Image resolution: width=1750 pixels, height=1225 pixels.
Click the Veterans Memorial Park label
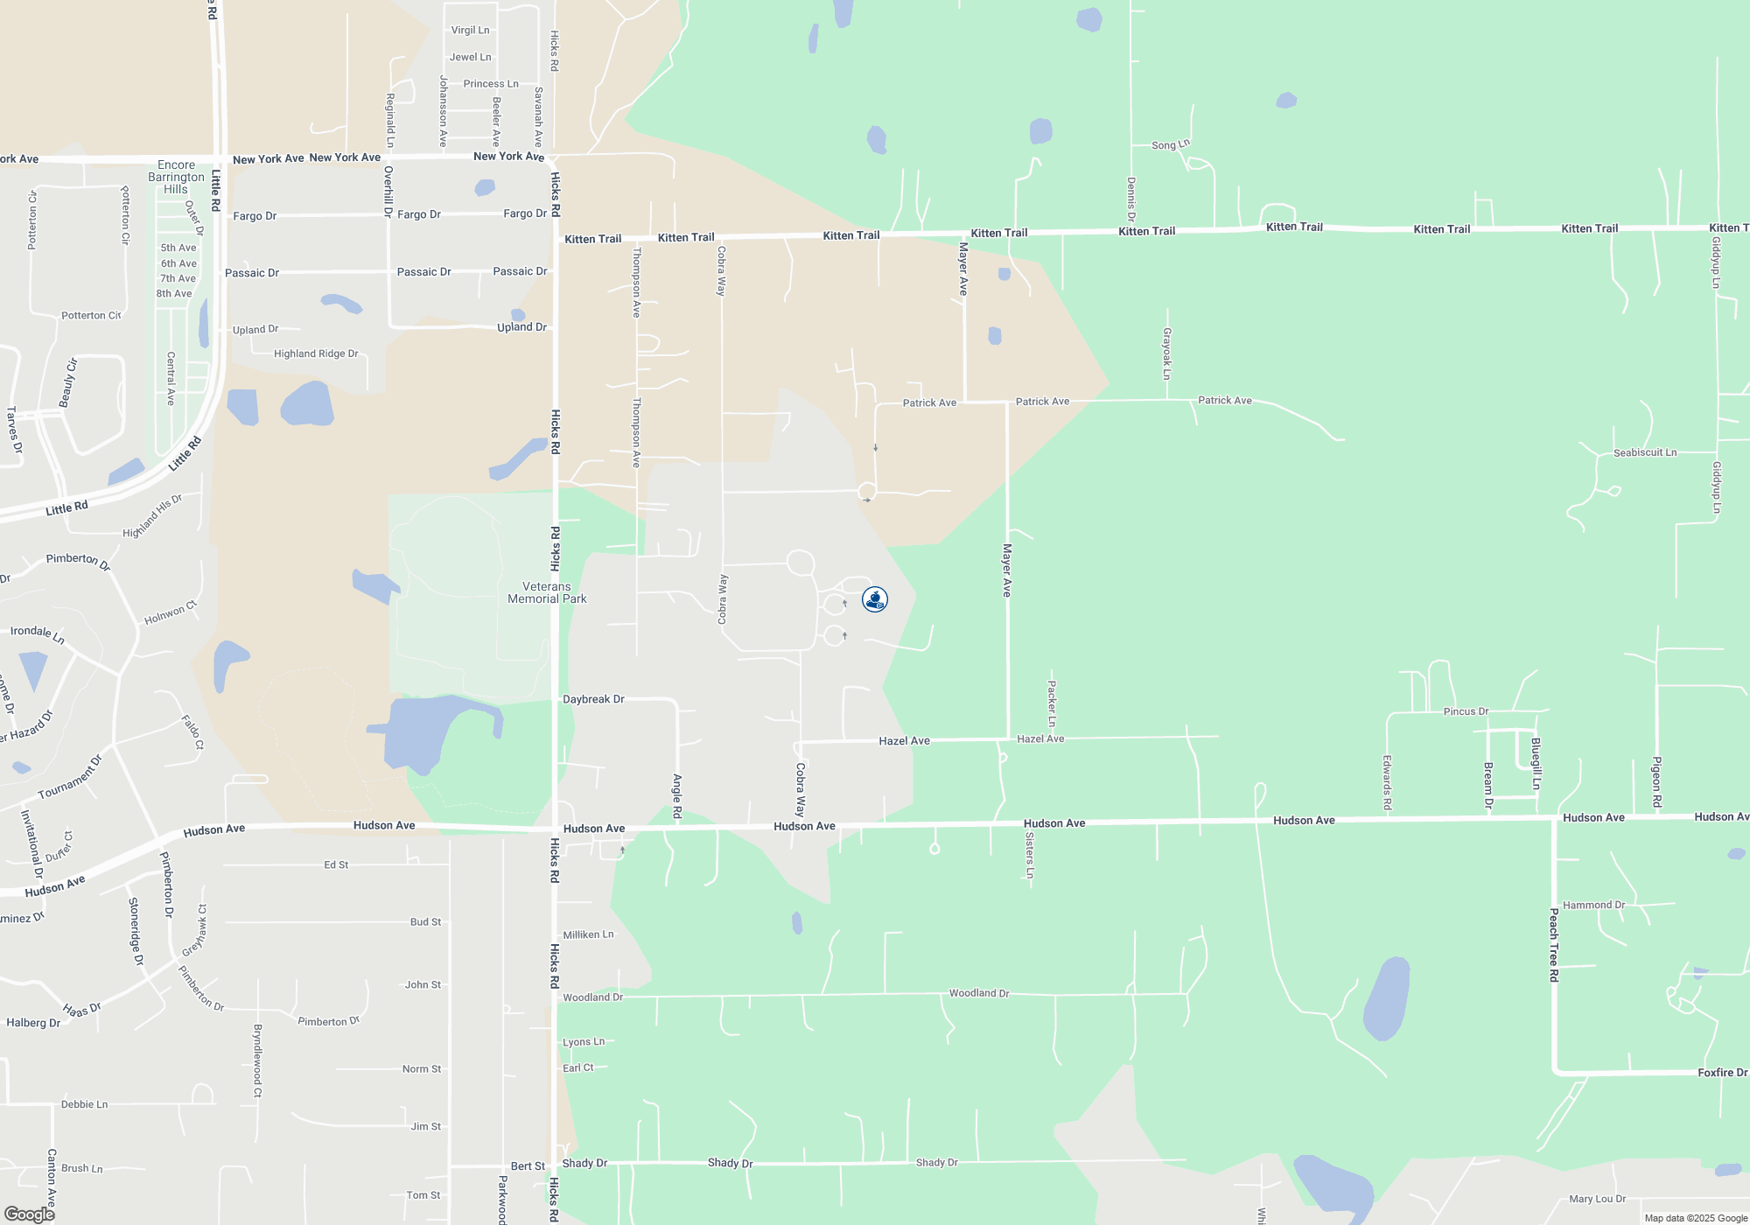click(x=547, y=593)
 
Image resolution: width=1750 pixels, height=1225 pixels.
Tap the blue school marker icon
click(x=874, y=599)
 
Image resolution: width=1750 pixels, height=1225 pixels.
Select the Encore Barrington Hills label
click(x=176, y=177)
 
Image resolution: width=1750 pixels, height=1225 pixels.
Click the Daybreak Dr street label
click(x=593, y=699)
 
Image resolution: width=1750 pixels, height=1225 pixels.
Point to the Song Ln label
click(x=1170, y=145)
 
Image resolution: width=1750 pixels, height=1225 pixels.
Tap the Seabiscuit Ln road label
click(x=1645, y=452)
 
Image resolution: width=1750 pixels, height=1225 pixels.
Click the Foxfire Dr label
click(x=1722, y=1073)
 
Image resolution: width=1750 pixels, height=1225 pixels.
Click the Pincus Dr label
click(x=1466, y=711)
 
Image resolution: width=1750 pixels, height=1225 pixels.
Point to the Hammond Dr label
click(x=1593, y=905)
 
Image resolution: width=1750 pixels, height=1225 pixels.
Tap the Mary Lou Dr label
click(x=1597, y=1199)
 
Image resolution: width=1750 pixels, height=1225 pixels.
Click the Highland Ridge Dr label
click(x=316, y=353)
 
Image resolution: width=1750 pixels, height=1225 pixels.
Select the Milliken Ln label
click(x=588, y=934)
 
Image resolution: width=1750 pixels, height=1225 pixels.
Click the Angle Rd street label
click(x=677, y=796)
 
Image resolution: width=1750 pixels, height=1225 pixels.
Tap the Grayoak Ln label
click(x=1166, y=353)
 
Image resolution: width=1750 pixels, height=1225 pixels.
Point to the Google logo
click(x=30, y=1214)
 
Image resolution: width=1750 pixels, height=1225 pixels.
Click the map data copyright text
click(x=1696, y=1218)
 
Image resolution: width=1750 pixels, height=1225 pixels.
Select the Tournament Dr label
click(x=70, y=778)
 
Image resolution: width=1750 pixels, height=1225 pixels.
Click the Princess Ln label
click(x=491, y=84)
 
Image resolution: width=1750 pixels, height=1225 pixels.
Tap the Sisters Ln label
click(x=1030, y=855)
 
